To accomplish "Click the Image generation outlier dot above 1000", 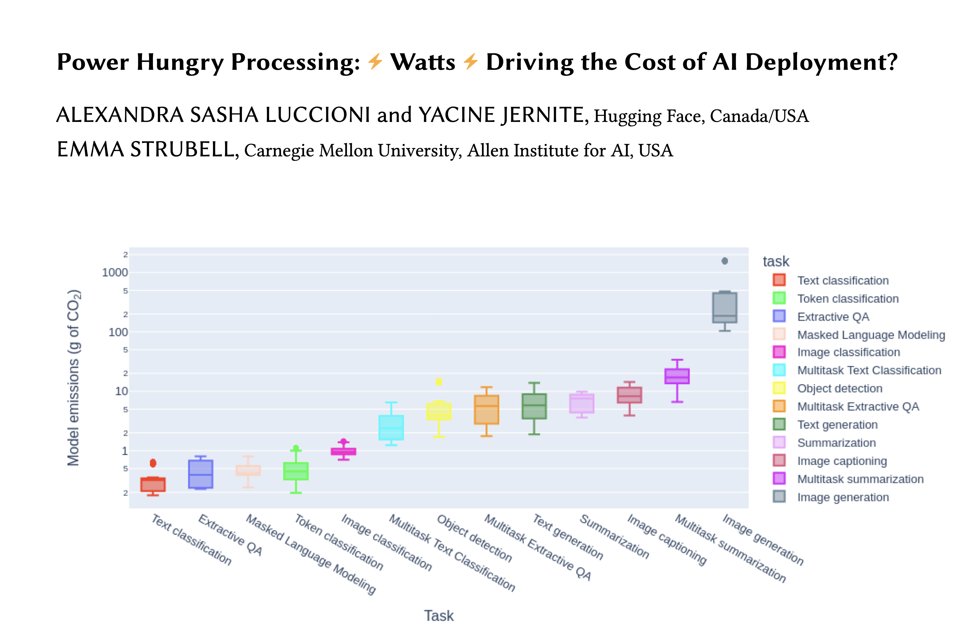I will click(725, 261).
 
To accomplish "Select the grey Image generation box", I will click(725, 307).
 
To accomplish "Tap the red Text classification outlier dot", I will click(153, 463).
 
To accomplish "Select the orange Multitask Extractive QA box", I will click(486, 410).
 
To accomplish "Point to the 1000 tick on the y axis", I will click(115, 272).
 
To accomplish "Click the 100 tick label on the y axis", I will click(118, 332).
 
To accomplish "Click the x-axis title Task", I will click(439, 616).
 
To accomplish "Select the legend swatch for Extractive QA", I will click(779, 316).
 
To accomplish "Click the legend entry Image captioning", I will click(841, 461).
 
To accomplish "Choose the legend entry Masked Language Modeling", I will click(871, 335).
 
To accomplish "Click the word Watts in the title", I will click(423, 62).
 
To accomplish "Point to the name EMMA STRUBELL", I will click(146, 149).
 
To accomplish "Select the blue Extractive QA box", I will click(201, 474).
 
